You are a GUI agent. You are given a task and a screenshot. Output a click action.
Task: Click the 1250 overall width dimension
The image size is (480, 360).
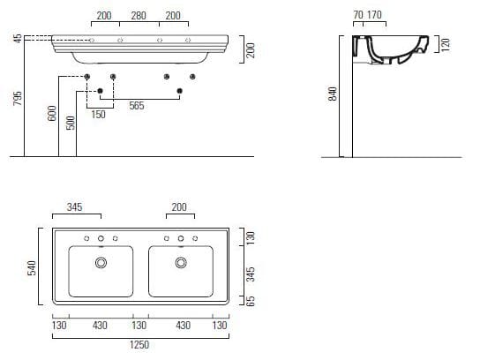pos(139,345)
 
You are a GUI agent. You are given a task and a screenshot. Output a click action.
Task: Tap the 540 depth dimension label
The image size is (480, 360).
pos(32,268)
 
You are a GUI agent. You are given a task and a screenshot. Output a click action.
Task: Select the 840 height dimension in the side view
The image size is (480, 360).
pos(332,94)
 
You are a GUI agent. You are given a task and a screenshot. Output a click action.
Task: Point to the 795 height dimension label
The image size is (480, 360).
pos(18,98)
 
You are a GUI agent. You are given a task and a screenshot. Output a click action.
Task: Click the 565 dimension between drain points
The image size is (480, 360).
pos(137,106)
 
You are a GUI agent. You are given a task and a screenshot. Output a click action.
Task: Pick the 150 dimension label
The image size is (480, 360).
pos(98,115)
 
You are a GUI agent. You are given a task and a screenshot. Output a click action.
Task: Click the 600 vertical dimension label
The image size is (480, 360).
pos(52,113)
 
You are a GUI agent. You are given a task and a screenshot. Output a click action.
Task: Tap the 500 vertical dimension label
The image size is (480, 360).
pos(71,123)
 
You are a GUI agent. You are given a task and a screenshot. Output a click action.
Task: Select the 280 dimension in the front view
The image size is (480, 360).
pos(139,16)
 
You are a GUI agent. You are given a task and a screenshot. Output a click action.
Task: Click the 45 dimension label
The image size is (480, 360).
pos(18,39)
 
